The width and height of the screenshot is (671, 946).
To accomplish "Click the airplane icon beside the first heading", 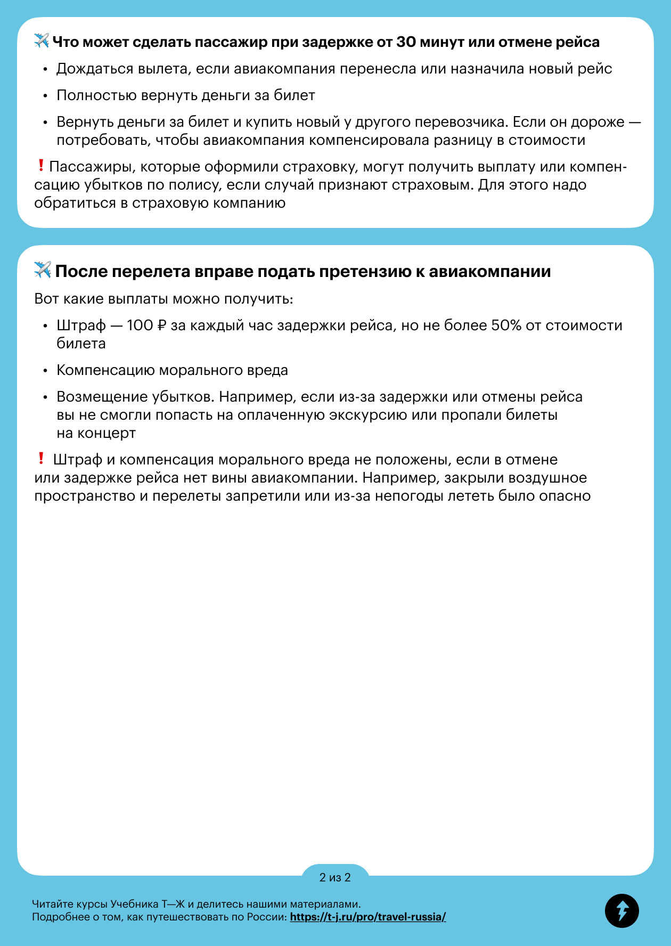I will pyautogui.click(x=42, y=41).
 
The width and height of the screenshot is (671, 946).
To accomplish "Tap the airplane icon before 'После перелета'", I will pyautogui.click(x=43, y=270).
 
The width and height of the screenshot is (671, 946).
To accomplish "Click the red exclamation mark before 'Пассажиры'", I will pyautogui.click(x=41, y=166).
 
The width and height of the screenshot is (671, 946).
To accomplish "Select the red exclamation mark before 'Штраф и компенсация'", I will pyautogui.click(x=41, y=458).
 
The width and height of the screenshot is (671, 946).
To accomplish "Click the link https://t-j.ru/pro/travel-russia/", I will pyautogui.click(x=367, y=917).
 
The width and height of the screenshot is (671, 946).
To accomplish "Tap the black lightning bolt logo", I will pyautogui.click(x=621, y=910).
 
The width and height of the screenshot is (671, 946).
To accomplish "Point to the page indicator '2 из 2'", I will pyautogui.click(x=335, y=877).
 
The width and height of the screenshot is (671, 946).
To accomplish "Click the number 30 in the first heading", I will pyautogui.click(x=406, y=42).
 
